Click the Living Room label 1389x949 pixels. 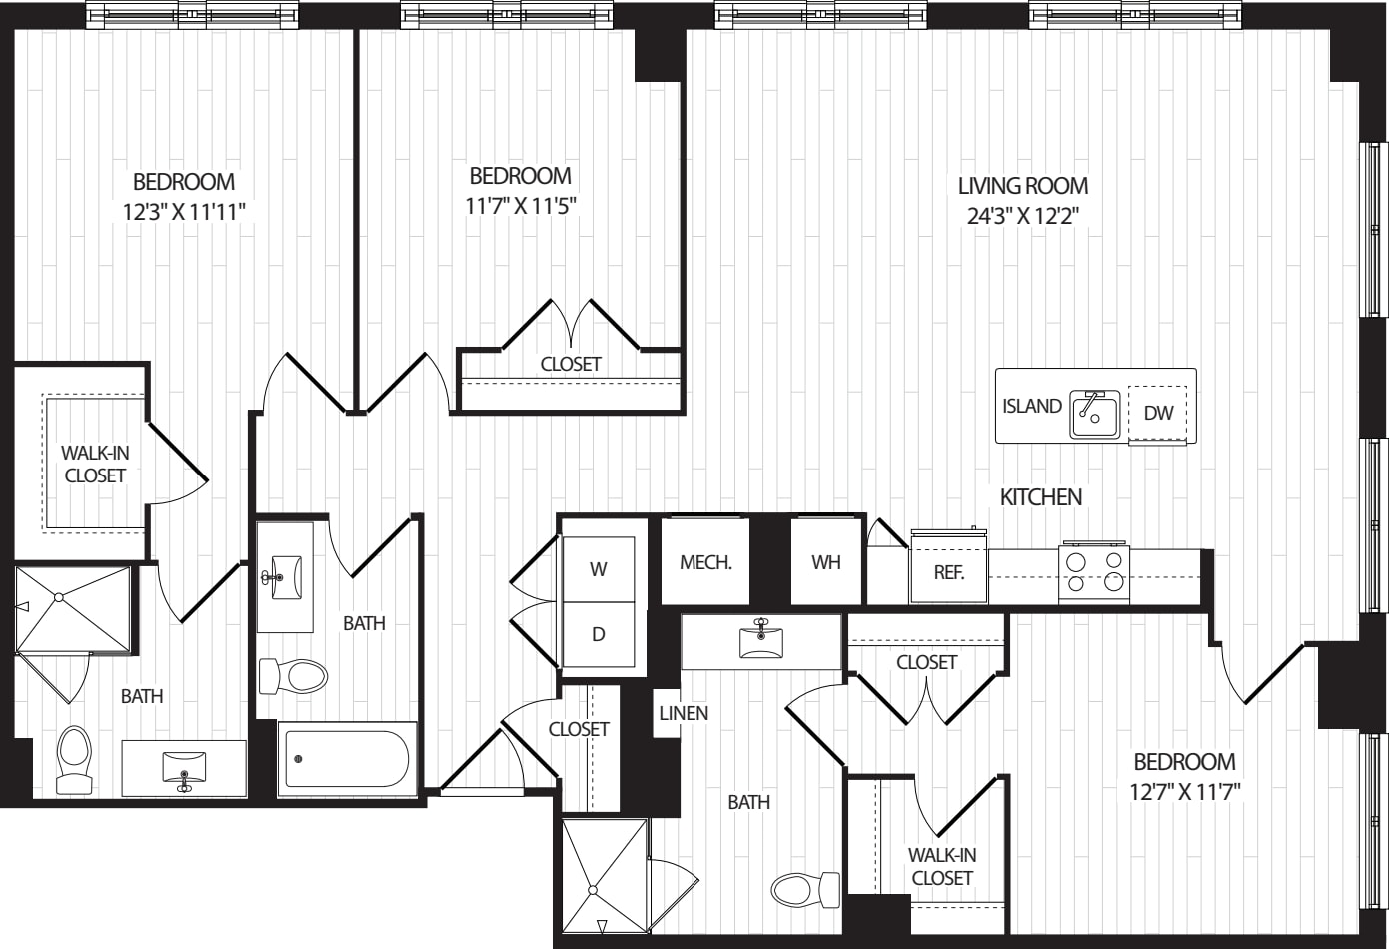point(1023,186)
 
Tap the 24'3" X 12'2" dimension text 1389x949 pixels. point(1023,216)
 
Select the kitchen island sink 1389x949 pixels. point(1094,414)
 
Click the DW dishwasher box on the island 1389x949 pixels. point(1157,413)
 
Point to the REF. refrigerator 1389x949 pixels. point(948,566)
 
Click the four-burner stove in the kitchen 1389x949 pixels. point(1094,571)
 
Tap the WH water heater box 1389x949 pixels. point(826,561)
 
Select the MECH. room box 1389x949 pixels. point(705,561)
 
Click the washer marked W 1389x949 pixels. point(598,569)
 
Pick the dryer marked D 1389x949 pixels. point(598,634)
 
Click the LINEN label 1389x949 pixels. point(684,713)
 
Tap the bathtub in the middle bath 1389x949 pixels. point(348,759)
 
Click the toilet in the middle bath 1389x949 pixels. point(293,676)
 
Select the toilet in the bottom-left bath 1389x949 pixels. point(74,760)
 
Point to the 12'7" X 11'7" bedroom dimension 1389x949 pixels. point(1184,792)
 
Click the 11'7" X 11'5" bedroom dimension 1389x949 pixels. point(521,206)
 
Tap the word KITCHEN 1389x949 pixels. point(1041,497)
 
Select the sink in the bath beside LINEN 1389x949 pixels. point(761,638)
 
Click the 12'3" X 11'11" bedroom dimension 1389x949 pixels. point(184,212)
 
